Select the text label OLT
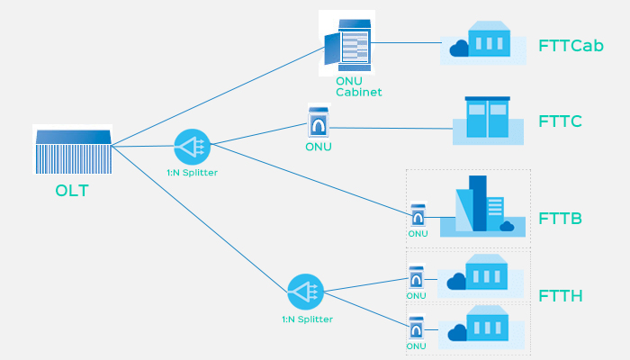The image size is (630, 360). pyautogui.click(x=72, y=191)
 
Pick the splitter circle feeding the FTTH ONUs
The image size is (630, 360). pyautogui.click(x=305, y=292)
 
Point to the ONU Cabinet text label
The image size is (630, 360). pyautogui.click(x=359, y=86)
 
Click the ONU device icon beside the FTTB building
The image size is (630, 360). pyautogui.click(x=418, y=216)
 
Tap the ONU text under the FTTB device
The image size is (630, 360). pyautogui.click(x=418, y=234)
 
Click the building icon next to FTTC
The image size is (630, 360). pyautogui.click(x=487, y=119)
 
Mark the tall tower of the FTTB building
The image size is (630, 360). pyautogui.click(x=477, y=202)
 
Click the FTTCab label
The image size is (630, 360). pyautogui.click(x=571, y=45)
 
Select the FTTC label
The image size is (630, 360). pyautogui.click(x=561, y=121)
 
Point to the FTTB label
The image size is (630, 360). pyautogui.click(x=561, y=219)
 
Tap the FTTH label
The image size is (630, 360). pyautogui.click(x=561, y=295)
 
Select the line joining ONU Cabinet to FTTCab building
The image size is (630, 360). pyautogui.click(x=405, y=42)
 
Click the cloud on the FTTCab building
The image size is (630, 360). pyautogui.click(x=460, y=49)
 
